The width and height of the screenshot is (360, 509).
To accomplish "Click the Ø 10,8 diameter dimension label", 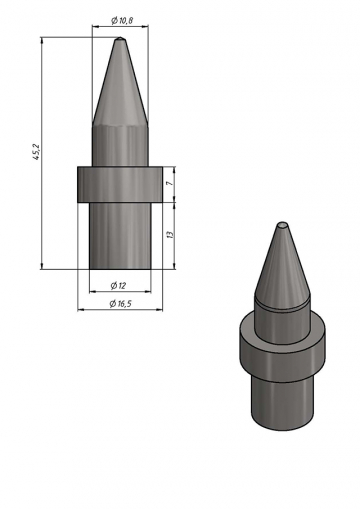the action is click(122, 21).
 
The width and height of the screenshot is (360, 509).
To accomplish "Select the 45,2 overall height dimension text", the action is click(36, 152).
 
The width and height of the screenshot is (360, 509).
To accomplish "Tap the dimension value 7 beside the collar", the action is click(170, 184).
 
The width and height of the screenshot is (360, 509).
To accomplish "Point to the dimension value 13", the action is click(170, 234).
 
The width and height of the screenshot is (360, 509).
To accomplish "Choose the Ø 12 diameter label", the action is click(118, 285).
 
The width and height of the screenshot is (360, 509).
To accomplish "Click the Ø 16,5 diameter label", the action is click(121, 304).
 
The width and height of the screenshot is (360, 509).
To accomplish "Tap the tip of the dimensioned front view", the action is click(120, 38).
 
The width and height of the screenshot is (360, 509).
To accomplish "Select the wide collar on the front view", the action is click(120, 184).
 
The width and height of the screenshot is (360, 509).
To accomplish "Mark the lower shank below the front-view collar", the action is click(120, 236).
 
